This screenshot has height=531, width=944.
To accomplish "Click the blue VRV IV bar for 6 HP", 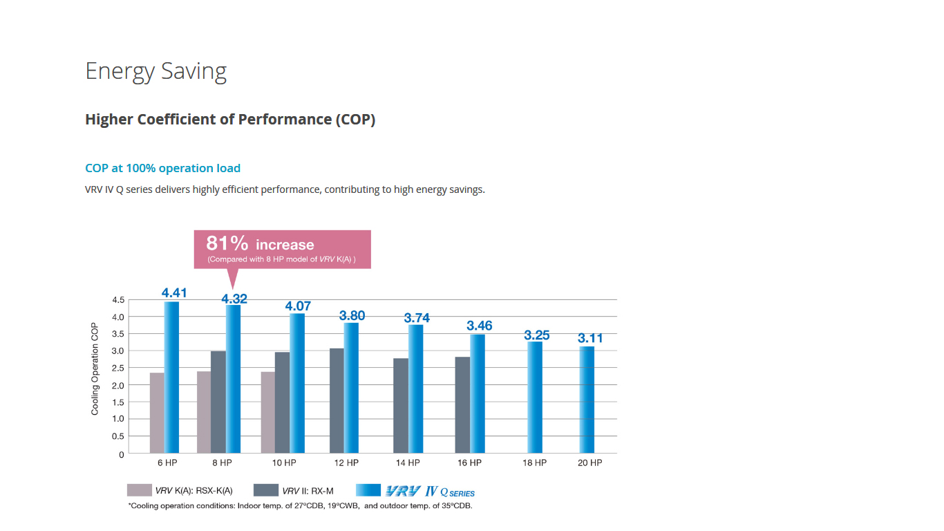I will click(171, 378).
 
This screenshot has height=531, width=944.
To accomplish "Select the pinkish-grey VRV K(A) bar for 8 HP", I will click(204, 412).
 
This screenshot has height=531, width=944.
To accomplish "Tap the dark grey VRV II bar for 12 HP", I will click(337, 401).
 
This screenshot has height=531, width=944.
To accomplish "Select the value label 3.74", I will click(417, 318).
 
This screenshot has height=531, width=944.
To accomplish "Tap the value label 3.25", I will click(537, 335).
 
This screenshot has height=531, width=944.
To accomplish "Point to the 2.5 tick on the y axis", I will click(117, 368).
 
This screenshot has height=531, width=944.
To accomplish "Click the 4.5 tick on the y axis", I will click(117, 300).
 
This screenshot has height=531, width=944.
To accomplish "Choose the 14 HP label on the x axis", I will click(408, 463).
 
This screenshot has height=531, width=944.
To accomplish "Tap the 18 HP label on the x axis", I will click(534, 463).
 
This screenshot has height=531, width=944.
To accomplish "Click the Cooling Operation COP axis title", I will click(95, 369).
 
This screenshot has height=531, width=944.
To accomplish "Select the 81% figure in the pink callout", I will click(227, 243).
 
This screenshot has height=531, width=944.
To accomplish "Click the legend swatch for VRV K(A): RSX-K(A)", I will click(139, 490).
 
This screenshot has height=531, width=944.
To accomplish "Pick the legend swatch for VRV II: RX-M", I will click(266, 490).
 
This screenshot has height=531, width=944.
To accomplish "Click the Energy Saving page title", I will click(155, 71).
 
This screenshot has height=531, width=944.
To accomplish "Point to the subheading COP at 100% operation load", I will click(162, 168).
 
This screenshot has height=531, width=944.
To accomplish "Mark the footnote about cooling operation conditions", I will click(300, 506).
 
